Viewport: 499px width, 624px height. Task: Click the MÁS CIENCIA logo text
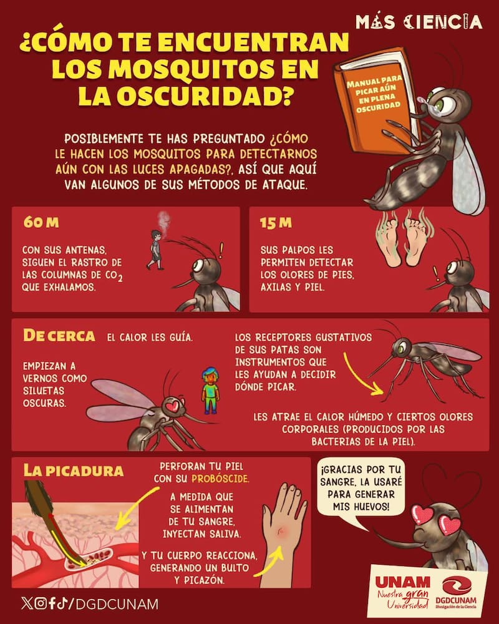tap(419, 22)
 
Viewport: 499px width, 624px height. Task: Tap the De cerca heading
tap(59, 336)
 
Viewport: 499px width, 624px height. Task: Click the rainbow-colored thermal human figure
tap(210, 391)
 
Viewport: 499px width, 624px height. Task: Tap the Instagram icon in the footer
tap(41, 603)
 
